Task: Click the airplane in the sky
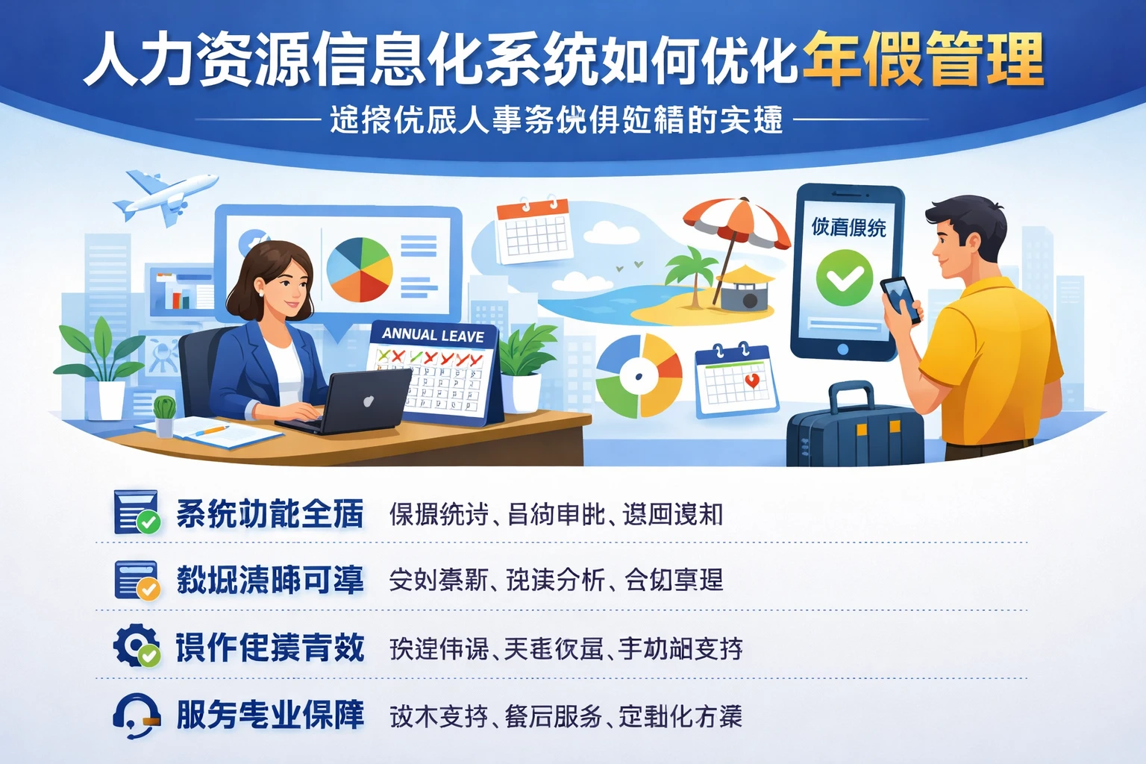[x=166, y=196]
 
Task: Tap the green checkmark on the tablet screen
[x=844, y=278]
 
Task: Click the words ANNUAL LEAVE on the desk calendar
[x=433, y=335]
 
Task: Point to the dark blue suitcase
[x=855, y=432]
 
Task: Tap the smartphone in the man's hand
[x=900, y=298]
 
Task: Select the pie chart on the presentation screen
[x=359, y=269]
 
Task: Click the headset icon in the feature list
[x=136, y=716]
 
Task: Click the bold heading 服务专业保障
[x=270, y=716]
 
